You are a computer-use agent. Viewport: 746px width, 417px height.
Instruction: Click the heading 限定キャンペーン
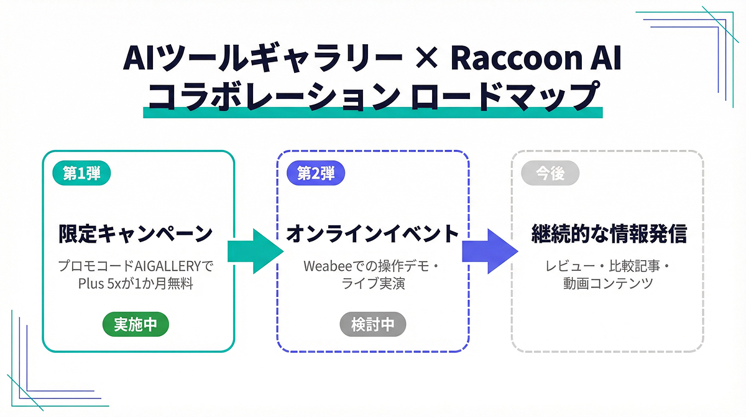[x=136, y=235]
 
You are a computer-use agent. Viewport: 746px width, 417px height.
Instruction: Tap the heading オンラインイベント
[x=372, y=235]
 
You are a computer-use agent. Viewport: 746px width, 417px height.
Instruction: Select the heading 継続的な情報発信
[x=609, y=235]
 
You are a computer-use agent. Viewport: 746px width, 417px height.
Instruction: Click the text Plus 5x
[x=102, y=284]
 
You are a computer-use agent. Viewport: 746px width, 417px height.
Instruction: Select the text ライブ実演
[x=372, y=284]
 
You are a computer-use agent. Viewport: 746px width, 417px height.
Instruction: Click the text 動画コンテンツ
[x=609, y=284]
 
